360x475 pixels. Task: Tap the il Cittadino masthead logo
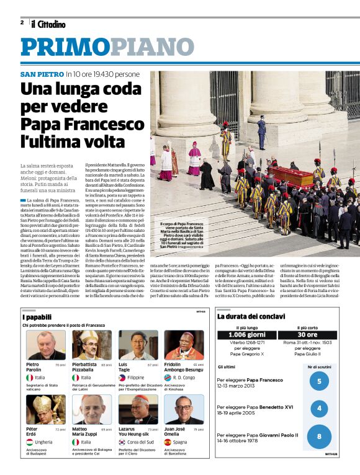(48, 24)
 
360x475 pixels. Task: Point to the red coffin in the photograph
(290, 177)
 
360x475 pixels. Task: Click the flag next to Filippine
(122, 377)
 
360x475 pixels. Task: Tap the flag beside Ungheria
(30, 442)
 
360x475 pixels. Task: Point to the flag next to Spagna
(168, 442)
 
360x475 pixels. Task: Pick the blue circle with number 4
(319, 408)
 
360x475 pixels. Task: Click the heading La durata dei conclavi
(251, 316)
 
